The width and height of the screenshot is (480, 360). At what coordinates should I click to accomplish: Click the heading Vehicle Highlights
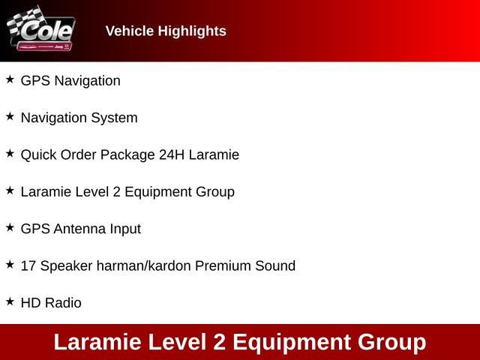click(x=166, y=31)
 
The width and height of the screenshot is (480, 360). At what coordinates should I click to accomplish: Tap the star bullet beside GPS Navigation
click(x=10, y=79)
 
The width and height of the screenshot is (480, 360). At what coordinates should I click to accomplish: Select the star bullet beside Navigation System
click(x=10, y=116)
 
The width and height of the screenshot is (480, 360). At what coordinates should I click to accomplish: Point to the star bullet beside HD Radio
click(x=10, y=301)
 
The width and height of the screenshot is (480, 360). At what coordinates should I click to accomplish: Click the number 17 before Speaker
click(x=28, y=266)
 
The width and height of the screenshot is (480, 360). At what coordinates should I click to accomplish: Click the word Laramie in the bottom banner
click(x=97, y=342)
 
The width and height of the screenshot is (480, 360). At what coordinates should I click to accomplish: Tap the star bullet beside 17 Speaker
click(x=10, y=264)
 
